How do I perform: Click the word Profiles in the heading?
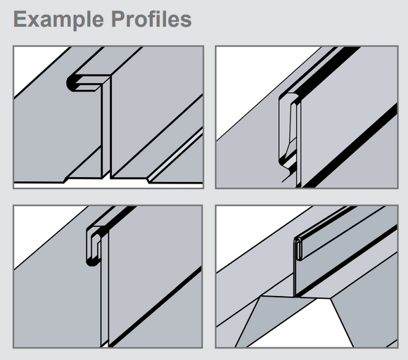point(151,19)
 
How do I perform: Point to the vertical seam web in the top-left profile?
point(106,127)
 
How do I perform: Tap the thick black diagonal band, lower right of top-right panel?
point(351,146)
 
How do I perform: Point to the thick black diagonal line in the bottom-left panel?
point(155,307)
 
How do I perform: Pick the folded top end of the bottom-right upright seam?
point(298,248)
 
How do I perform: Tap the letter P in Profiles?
point(118,19)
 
